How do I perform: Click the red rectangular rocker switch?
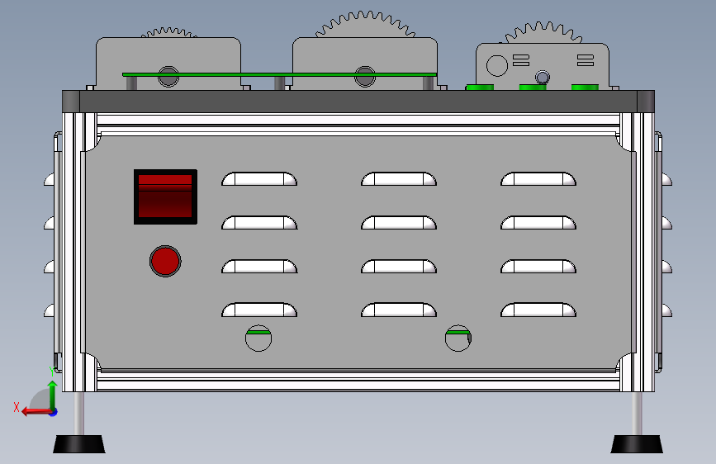point(165,196)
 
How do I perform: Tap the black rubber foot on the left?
point(79,444)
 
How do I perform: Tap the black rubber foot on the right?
point(637,444)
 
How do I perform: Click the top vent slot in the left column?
point(259,179)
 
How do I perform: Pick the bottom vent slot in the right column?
point(538,310)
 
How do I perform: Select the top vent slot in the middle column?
point(399,179)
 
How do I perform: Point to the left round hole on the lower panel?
point(258,338)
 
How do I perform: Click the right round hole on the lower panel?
point(458,338)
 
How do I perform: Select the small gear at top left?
point(168,33)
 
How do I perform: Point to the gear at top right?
point(543,34)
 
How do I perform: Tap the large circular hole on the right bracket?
point(496,64)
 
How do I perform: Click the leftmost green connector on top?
point(480,87)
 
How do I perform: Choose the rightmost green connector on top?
point(585,87)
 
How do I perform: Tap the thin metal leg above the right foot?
point(638,413)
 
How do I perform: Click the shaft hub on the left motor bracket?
point(168,76)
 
